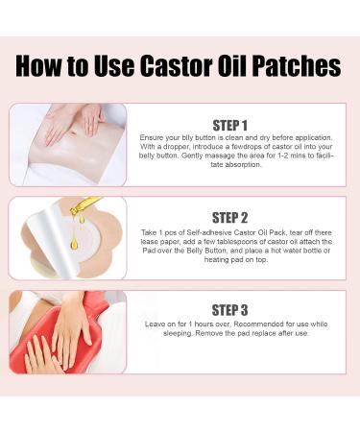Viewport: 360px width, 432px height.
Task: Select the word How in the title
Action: [x=44, y=66]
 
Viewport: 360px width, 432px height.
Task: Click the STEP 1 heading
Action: [x=243, y=125]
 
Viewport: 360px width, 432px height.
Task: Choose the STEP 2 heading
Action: [x=243, y=217]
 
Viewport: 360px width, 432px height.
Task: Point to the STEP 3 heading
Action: [x=243, y=310]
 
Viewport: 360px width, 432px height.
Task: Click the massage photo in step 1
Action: [x=67, y=144]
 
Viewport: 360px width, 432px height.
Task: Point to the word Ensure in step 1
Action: [x=154, y=139]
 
